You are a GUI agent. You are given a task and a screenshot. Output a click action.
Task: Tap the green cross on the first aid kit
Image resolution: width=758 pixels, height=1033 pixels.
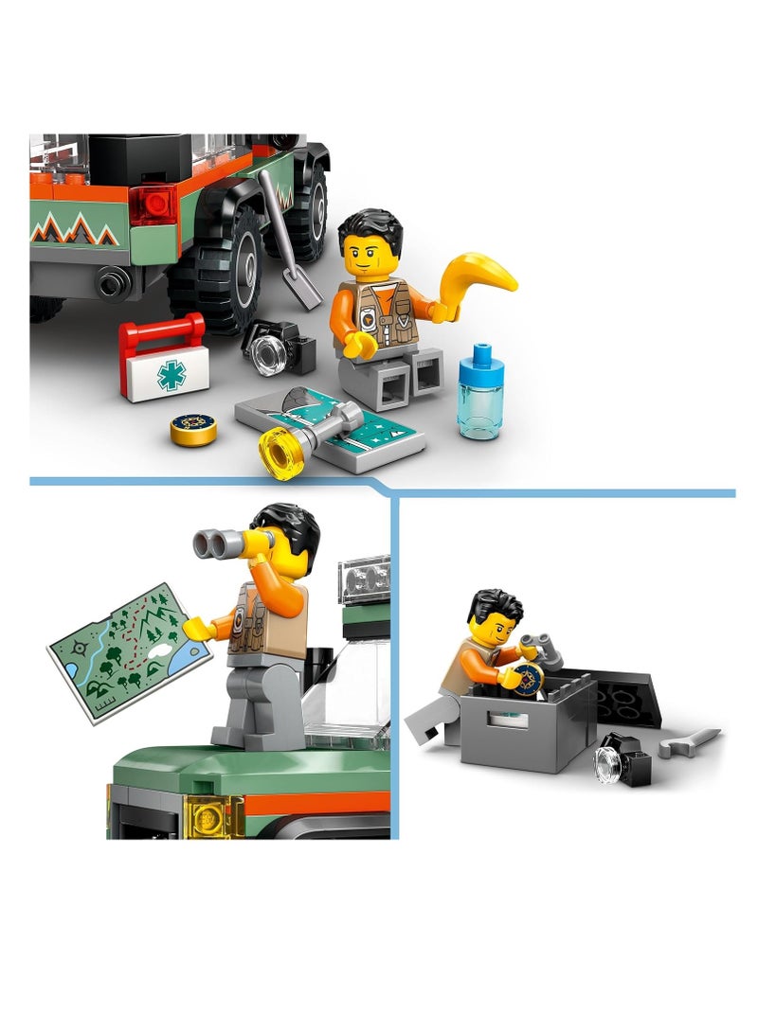tap(171, 375)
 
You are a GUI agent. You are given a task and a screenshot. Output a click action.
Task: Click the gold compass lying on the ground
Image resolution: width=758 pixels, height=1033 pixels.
tap(193, 430)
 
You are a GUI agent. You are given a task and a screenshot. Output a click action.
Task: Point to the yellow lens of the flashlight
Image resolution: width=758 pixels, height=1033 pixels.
tap(279, 453)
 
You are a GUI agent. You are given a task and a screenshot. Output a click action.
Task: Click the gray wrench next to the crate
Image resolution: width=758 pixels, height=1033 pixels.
tap(689, 742)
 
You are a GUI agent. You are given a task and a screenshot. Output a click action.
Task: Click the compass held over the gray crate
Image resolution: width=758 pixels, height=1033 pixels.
tap(527, 679)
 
